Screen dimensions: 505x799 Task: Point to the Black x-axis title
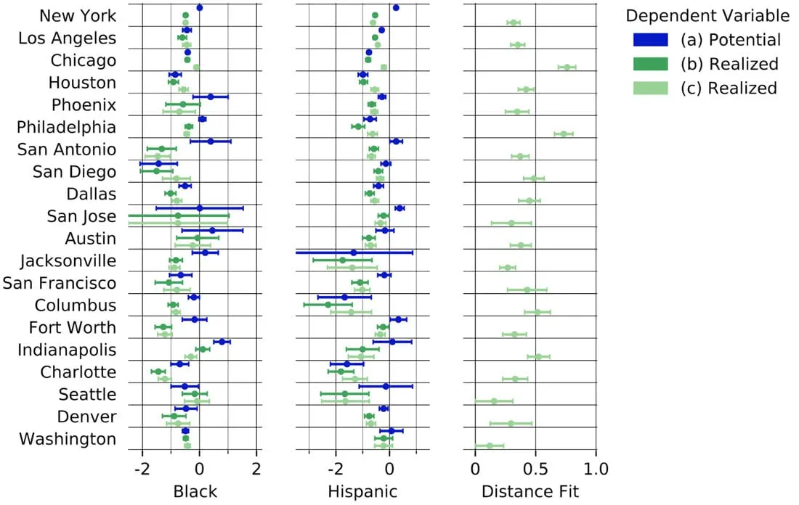[x=195, y=491]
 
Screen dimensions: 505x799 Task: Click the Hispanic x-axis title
[x=362, y=491]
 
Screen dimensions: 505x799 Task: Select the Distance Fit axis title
[x=530, y=491]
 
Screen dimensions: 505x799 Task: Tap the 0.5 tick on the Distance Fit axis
[x=535, y=467]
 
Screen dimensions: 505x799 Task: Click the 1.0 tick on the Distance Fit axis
[x=596, y=467]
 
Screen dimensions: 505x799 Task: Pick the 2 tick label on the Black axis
[x=256, y=467]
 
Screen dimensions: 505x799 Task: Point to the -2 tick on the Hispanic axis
[x=334, y=467]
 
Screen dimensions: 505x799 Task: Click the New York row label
[x=77, y=15]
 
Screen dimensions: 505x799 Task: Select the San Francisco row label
[x=59, y=282]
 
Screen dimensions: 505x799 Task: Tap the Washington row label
[x=68, y=438]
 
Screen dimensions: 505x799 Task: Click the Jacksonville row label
[x=68, y=260]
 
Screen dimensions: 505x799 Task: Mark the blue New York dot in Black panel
[x=200, y=8]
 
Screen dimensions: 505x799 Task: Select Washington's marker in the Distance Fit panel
[x=489, y=446]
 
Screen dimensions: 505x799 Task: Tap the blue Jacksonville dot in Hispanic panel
[x=354, y=252]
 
